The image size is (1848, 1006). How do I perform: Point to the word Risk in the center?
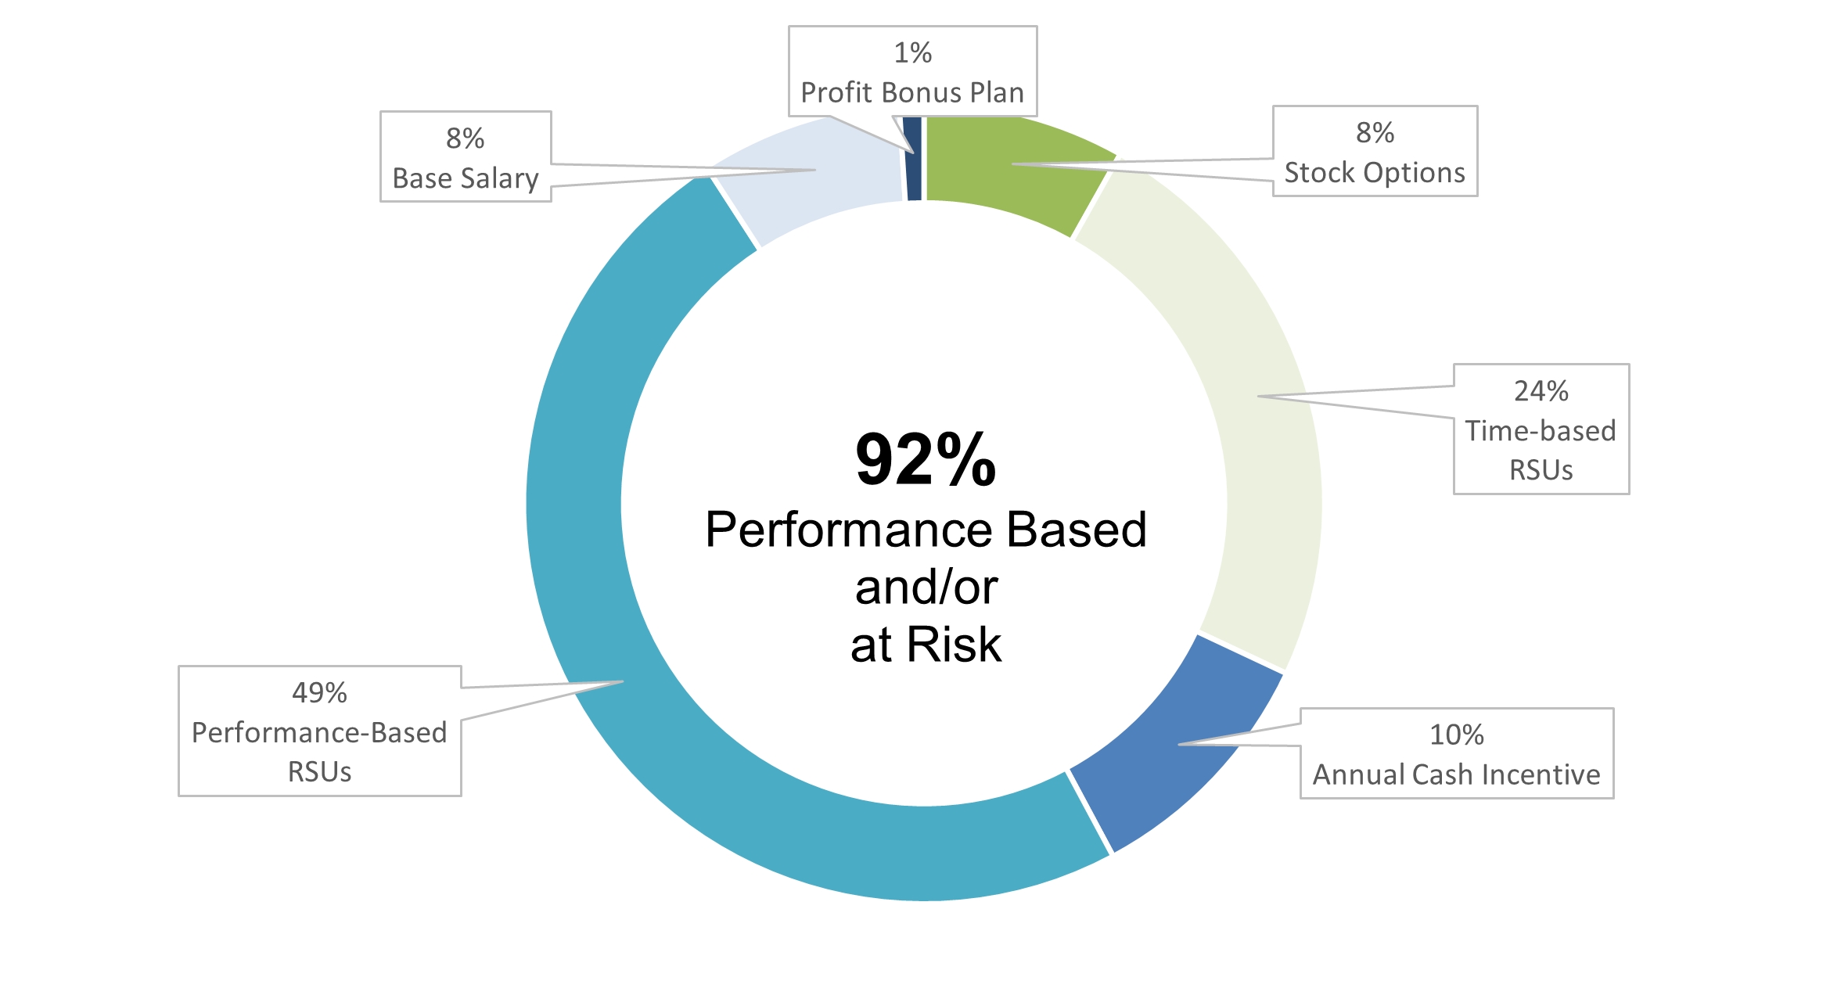(x=954, y=645)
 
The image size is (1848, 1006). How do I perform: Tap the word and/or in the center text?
(x=926, y=587)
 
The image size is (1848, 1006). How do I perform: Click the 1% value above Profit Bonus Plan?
(x=913, y=53)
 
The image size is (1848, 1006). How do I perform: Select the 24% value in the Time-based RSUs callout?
(x=1541, y=391)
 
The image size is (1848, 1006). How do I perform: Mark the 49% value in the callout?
(x=319, y=693)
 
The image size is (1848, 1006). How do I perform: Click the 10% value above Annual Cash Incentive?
(x=1457, y=735)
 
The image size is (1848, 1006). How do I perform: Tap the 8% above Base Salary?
(x=466, y=138)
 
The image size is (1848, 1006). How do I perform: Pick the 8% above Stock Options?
(x=1375, y=133)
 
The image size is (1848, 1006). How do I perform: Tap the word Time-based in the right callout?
(x=1541, y=431)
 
